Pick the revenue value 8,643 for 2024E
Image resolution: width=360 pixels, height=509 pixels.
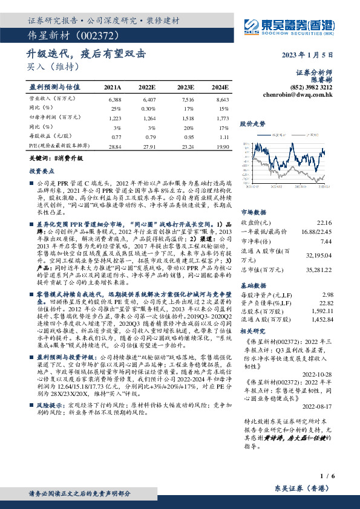click(222, 98)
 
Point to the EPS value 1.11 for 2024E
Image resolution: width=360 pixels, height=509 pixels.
click(224, 138)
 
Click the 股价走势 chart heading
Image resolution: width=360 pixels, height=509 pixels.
click(253, 123)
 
